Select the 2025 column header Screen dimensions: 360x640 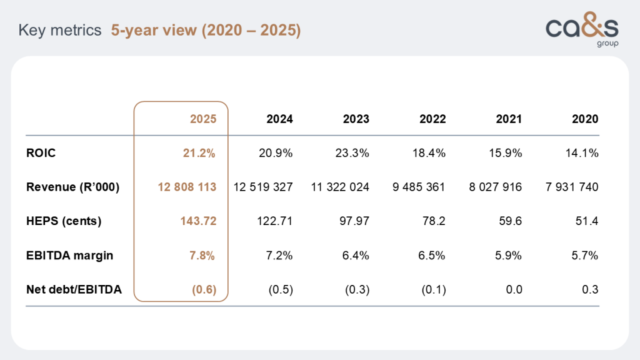point(203,119)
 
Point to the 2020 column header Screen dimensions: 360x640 point(585,119)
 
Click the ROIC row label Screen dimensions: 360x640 point(41,153)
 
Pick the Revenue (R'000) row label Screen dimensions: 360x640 point(72,187)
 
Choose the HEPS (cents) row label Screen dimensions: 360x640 point(64,221)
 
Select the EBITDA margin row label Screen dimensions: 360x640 point(70,255)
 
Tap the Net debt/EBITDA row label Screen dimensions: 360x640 point(74,289)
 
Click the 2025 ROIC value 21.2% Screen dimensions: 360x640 point(201,153)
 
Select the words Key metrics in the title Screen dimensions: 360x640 point(60,30)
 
